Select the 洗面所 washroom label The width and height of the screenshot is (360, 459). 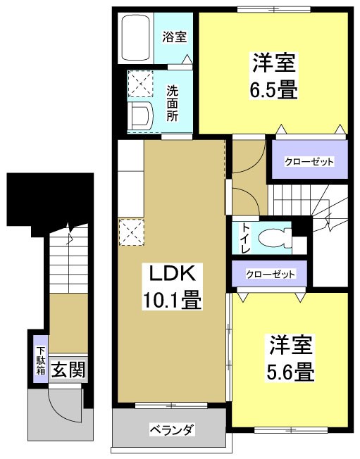pyautogui.click(x=172, y=103)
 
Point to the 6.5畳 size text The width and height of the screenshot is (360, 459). pyautogui.click(x=271, y=90)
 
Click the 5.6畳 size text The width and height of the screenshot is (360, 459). pyautogui.click(x=290, y=370)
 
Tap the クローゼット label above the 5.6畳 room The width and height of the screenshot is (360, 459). pyautogui.click(x=271, y=274)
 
